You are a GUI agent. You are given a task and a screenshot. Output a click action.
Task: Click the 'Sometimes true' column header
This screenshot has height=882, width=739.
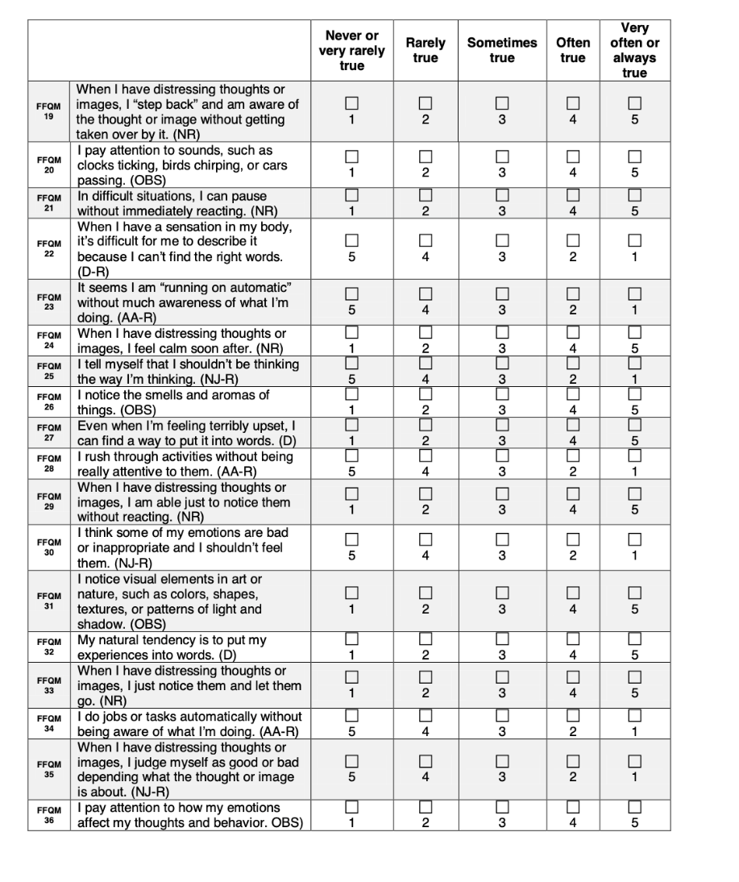pos(502,50)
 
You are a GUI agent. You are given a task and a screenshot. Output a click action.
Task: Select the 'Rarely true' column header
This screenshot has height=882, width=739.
pos(426,50)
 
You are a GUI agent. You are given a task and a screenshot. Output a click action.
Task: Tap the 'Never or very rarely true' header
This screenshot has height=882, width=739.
pos(351,50)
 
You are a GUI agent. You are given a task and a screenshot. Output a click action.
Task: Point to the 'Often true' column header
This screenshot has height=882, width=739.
pos(573,50)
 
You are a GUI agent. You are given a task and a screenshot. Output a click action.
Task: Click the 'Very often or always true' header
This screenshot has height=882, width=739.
pos(634,50)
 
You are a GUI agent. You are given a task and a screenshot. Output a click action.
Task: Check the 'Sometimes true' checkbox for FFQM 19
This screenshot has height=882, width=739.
pos(502,103)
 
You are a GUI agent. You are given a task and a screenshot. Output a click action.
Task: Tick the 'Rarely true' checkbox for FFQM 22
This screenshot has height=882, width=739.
pos(426,240)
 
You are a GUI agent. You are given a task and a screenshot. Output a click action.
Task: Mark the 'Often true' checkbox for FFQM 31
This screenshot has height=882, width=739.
pos(573,593)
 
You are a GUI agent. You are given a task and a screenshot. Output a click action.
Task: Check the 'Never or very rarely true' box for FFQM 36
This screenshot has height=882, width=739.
pos(351,807)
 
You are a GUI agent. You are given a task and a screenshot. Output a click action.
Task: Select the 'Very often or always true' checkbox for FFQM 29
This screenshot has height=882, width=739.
pos(634,493)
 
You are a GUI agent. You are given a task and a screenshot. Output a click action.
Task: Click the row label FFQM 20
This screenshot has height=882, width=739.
pos(49,164)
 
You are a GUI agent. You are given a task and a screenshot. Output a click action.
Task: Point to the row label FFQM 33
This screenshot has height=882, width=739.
pos(49,684)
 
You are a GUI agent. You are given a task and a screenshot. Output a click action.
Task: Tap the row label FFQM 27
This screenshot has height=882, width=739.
pos(49,431)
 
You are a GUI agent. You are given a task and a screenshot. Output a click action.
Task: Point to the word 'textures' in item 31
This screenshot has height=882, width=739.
pos(101,609)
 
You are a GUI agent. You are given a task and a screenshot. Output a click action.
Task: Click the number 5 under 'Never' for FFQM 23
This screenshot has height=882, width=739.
pos(351,310)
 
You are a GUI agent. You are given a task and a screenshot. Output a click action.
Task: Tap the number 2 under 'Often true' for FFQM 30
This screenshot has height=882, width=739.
pos(573,555)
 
